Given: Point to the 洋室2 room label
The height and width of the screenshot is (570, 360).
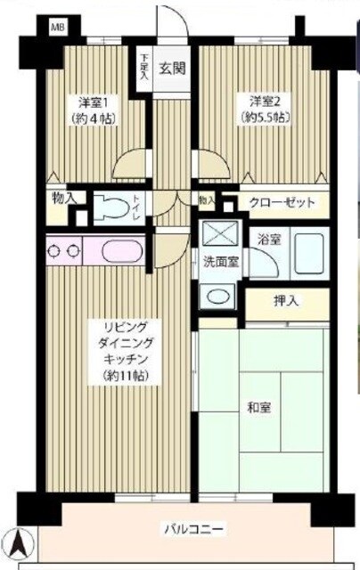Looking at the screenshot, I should click(266, 101).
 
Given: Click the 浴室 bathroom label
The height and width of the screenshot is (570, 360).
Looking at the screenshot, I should click(268, 239).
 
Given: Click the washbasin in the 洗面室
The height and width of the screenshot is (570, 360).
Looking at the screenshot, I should click(217, 297).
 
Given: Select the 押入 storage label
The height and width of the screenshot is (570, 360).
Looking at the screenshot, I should click(286, 301).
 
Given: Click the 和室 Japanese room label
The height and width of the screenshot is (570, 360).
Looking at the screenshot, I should click(258, 407).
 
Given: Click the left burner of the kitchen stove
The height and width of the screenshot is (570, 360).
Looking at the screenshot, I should click(54, 251).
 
